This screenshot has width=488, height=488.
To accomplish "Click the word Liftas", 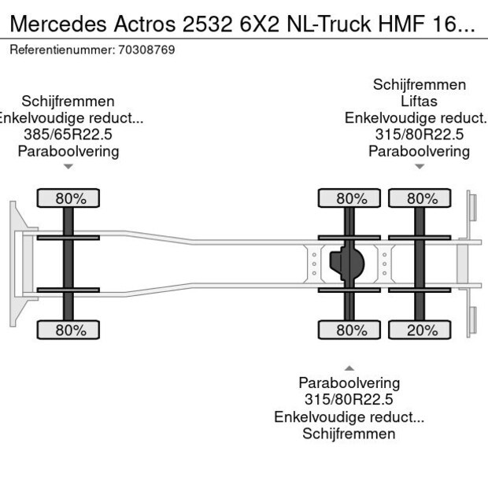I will click(x=419, y=101).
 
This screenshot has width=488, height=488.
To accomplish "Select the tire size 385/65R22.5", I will click(x=68, y=135).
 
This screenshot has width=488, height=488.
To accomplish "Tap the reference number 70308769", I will click(x=146, y=50).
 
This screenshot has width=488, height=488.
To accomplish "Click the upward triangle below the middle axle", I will click(x=349, y=368).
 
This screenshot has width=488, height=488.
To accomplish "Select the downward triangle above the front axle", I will click(x=68, y=166).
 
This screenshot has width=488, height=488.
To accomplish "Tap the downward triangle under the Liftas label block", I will click(x=419, y=166).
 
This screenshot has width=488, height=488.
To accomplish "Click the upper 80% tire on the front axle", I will click(x=69, y=198).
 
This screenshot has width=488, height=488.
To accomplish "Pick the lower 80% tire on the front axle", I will click(x=69, y=331).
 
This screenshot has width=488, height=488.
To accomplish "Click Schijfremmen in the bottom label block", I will click(x=349, y=434).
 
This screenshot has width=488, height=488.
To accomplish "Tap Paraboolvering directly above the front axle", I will click(x=68, y=151).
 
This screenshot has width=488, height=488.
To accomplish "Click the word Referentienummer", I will click(x=61, y=50).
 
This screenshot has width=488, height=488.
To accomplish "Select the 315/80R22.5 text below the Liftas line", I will click(x=419, y=135).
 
